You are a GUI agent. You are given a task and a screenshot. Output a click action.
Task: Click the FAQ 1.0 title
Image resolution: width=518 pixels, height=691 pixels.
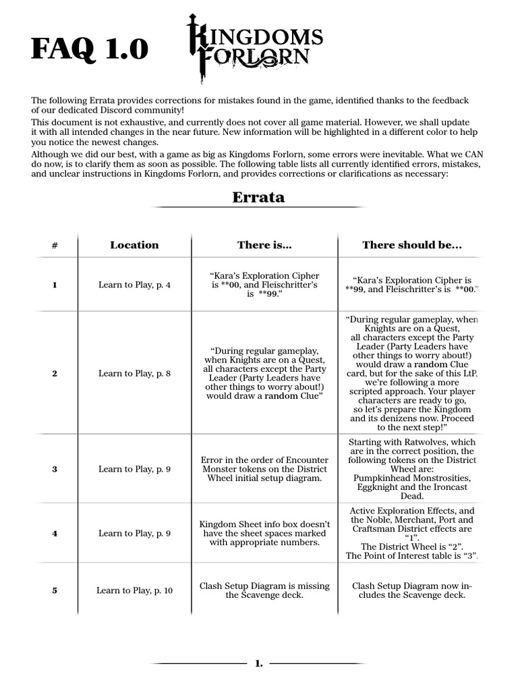pos(89,50)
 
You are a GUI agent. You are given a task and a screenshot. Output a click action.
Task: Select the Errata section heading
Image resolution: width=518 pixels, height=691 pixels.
pos(258,197)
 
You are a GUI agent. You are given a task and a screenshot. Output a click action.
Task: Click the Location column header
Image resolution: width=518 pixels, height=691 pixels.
pos(134,245)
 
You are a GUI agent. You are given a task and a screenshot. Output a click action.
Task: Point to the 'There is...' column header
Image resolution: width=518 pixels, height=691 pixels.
pos(264,245)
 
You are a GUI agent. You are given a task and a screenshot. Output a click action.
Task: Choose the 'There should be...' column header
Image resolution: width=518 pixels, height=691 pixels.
pos(411,245)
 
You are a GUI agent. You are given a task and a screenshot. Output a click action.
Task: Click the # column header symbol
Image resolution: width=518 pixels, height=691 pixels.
pos(55,246)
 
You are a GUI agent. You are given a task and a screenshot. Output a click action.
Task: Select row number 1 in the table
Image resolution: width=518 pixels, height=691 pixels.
pos(55,285)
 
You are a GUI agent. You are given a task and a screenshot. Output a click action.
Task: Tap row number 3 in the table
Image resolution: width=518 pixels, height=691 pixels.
pos(55,469)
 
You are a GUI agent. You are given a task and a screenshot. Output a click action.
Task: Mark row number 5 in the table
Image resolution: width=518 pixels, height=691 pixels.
pos(55,590)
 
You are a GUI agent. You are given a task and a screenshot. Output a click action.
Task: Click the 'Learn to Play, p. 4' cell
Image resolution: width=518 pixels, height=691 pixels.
pos(134,285)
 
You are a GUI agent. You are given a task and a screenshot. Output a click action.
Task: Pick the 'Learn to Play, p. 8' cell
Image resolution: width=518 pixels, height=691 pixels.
pos(134,373)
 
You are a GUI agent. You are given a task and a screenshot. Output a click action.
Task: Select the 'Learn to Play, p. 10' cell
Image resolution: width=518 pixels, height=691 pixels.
pos(134,590)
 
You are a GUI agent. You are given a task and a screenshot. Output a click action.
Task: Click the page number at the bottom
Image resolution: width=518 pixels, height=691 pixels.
pos(259,664)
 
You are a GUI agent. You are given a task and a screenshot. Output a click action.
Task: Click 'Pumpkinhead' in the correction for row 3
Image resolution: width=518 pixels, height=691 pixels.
pos(380,478)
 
